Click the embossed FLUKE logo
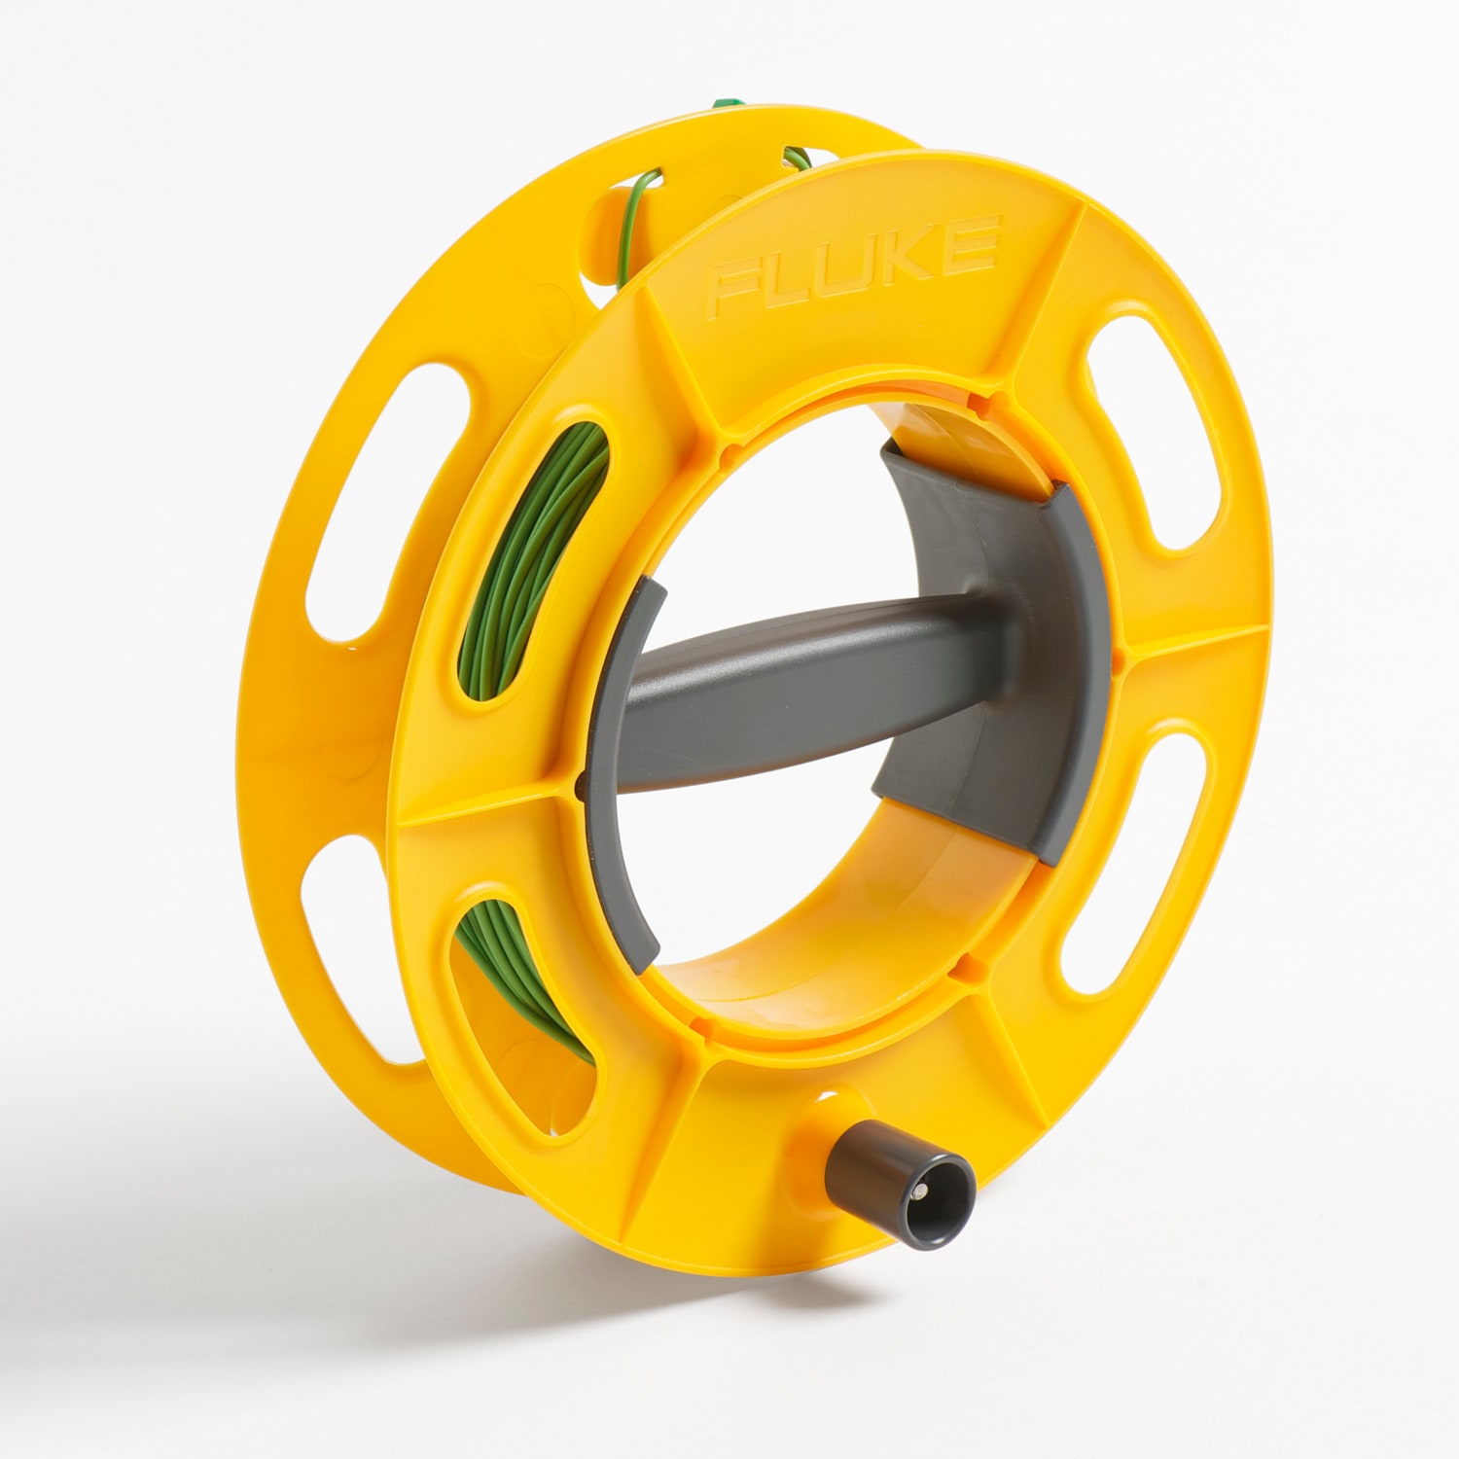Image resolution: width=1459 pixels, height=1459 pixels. coord(854,265)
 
